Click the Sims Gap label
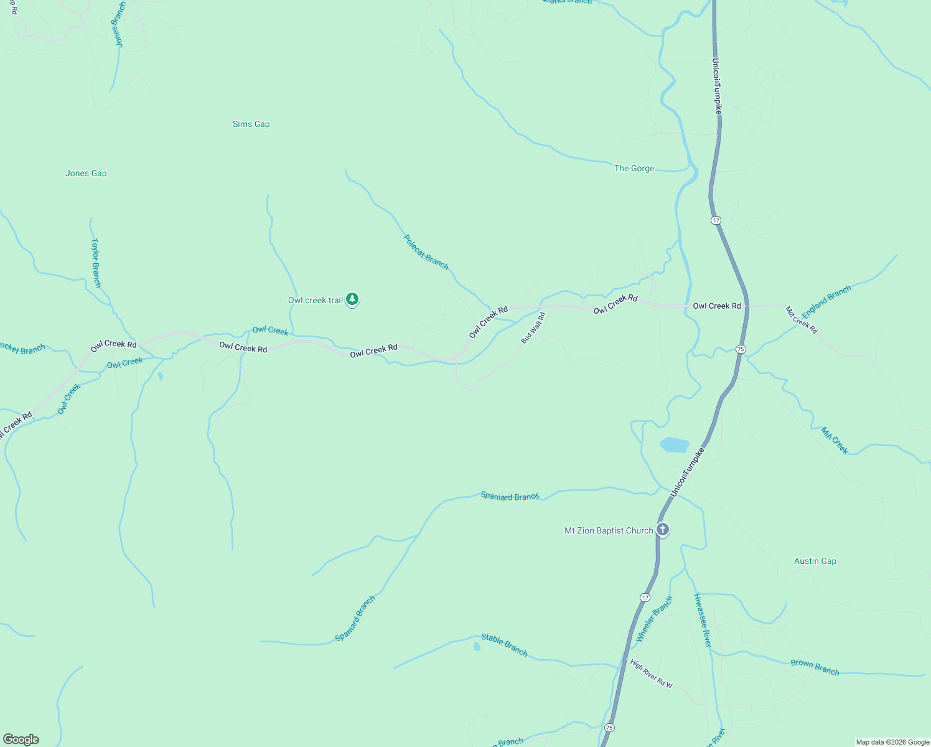(x=251, y=124)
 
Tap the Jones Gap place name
(x=86, y=173)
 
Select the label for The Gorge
(x=634, y=168)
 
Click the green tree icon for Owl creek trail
(x=352, y=299)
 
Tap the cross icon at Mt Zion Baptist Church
(x=663, y=530)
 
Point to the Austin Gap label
(x=815, y=561)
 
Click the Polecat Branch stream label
(x=426, y=251)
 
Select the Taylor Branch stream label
(x=96, y=262)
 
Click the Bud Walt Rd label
(x=533, y=328)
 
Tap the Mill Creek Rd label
(x=801, y=319)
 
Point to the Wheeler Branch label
(x=654, y=619)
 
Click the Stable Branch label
(x=504, y=645)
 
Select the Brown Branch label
(x=815, y=667)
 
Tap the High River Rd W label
(x=651, y=674)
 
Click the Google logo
(x=21, y=740)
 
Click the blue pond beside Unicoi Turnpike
(x=674, y=444)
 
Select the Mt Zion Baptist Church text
(x=609, y=530)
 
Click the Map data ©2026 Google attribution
(x=892, y=742)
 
